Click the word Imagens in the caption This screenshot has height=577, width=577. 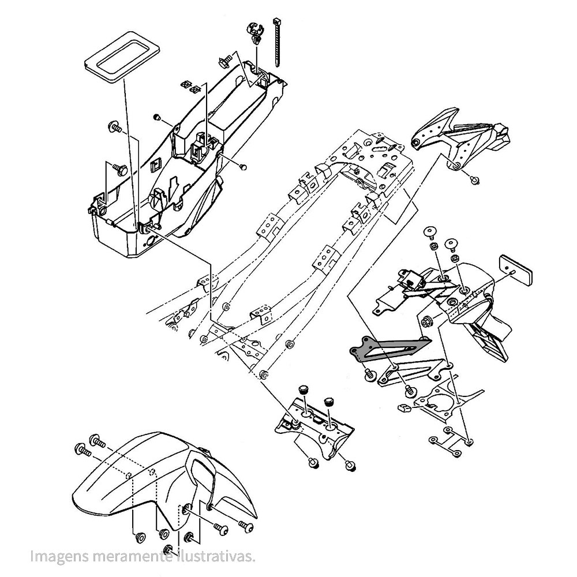[x=56, y=557]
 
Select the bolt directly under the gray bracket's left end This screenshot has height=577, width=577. [x=369, y=376]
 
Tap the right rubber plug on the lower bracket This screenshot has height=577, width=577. [x=330, y=400]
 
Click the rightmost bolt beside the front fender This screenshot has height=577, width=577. [x=246, y=527]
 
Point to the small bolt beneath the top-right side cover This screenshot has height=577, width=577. [x=475, y=179]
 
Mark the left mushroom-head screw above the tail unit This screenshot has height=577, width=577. [x=430, y=233]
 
